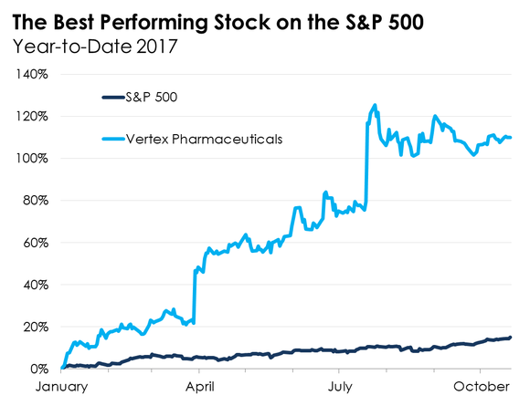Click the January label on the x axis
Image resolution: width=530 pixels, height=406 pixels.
coord(60,387)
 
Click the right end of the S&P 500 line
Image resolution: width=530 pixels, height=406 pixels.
coord(510,338)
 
